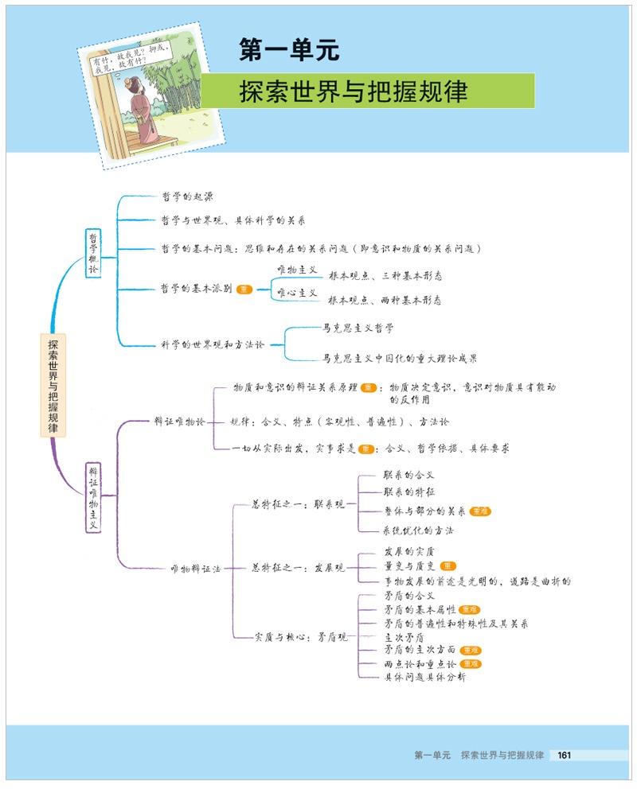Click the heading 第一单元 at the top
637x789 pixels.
coord(290,51)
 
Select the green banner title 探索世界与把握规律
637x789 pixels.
coord(354,91)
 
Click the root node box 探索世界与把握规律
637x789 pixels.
coord(53,384)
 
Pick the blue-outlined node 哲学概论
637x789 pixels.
coord(94,254)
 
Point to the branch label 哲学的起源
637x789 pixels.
coord(187,196)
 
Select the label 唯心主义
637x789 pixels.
coord(296,293)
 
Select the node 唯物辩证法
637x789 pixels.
coord(195,569)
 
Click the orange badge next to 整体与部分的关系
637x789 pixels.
coord(480,511)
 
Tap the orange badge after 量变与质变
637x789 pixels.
coord(449,566)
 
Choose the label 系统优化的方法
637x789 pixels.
coord(419,531)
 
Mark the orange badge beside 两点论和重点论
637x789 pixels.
coord(471,663)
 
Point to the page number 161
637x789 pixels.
coord(565,755)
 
